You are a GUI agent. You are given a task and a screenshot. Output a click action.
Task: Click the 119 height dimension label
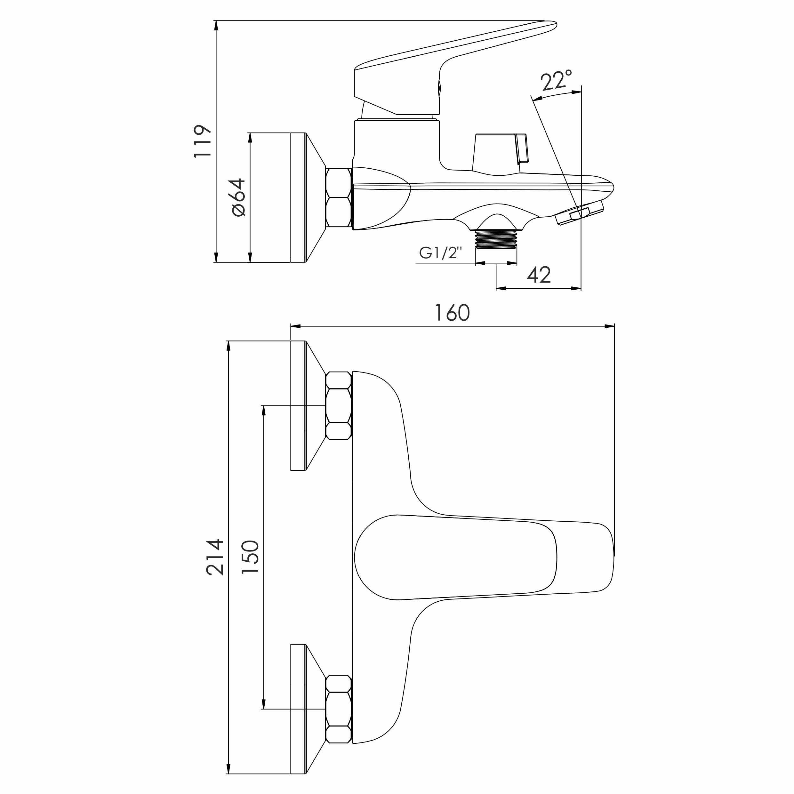point(203,141)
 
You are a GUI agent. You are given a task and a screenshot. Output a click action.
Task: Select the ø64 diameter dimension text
point(238,197)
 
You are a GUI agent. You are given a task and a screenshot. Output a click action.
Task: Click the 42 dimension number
point(539,275)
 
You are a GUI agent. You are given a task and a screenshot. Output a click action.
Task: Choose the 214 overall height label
point(215,557)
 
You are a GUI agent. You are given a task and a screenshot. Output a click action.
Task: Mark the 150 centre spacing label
point(250,557)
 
